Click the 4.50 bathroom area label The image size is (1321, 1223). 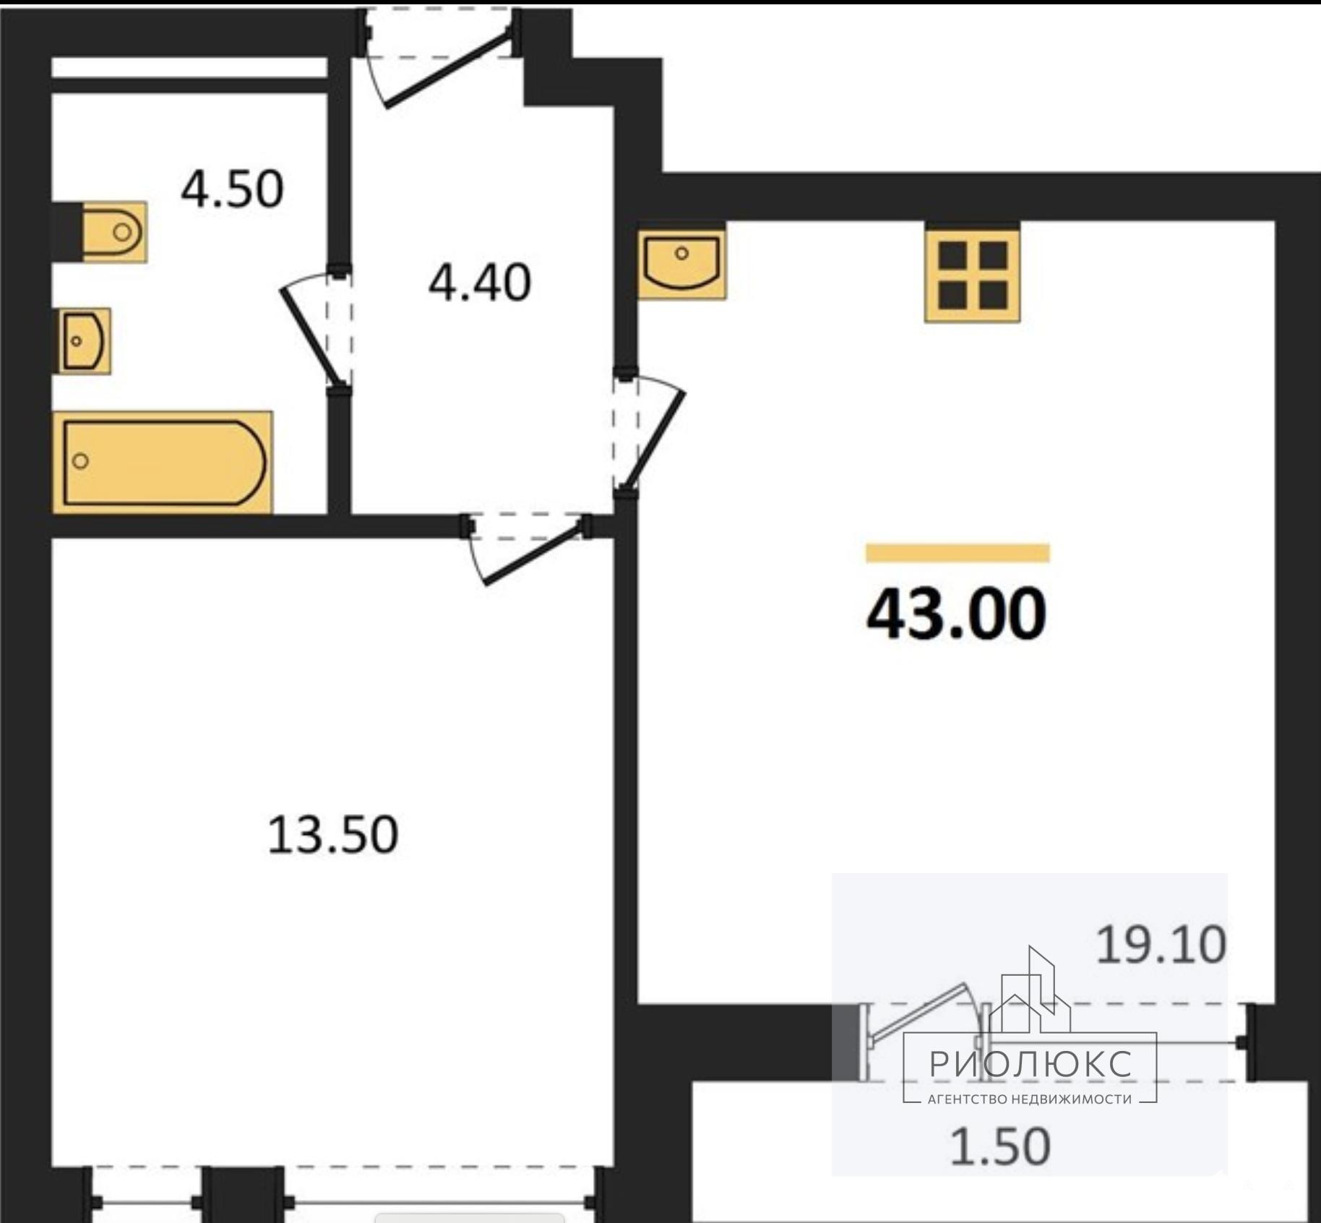point(232,189)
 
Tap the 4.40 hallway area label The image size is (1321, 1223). point(480,283)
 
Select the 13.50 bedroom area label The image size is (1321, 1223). point(332,835)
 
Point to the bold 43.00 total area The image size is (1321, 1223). point(956,614)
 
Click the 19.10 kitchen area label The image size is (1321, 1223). point(1161,945)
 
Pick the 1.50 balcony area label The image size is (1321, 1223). point(999,1146)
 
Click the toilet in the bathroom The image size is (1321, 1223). point(114,232)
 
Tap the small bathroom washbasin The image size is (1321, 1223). point(84,340)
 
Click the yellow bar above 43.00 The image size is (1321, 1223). point(958,553)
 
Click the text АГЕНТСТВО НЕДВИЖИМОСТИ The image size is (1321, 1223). point(1030,1099)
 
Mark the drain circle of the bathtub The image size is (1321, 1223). point(81,461)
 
